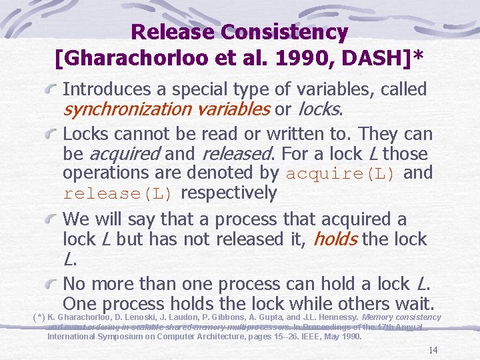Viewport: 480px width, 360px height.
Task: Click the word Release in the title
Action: [x=173, y=31]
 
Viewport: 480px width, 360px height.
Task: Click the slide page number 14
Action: [x=433, y=351]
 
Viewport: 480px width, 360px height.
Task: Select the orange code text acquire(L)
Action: [x=340, y=173]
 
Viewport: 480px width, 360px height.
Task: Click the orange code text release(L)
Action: [x=119, y=194]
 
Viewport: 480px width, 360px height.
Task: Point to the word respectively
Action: [x=229, y=193]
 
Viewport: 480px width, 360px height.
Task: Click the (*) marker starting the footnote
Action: [x=39, y=317]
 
